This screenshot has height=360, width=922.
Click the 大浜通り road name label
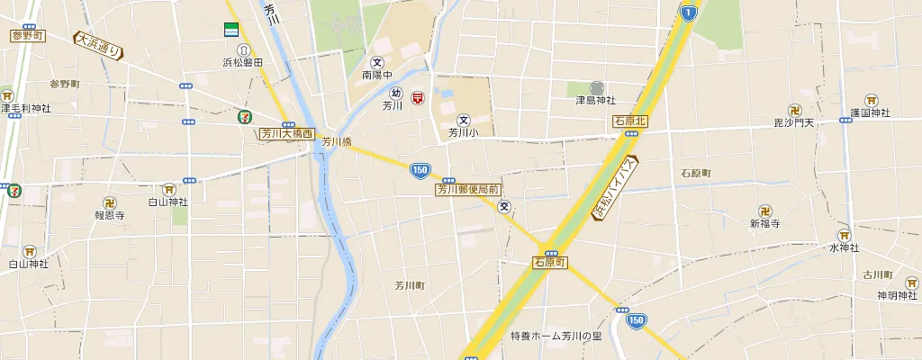point(98,45)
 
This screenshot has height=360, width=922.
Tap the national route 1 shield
point(689,12)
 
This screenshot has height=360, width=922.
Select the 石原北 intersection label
point(630,121)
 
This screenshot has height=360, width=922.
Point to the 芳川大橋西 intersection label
point(286,133)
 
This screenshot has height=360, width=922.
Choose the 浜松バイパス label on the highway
point(615,187)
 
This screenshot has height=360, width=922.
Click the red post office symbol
point(418,98)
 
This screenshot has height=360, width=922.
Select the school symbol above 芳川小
point(465,120)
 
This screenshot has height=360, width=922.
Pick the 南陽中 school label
point(378,76)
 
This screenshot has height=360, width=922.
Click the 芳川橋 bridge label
point(336,141)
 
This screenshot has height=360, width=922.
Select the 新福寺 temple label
point(765,222)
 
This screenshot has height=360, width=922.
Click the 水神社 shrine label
point(845,247)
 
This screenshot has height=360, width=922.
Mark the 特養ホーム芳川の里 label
point(556,337)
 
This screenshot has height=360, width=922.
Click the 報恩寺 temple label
point(109,215)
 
